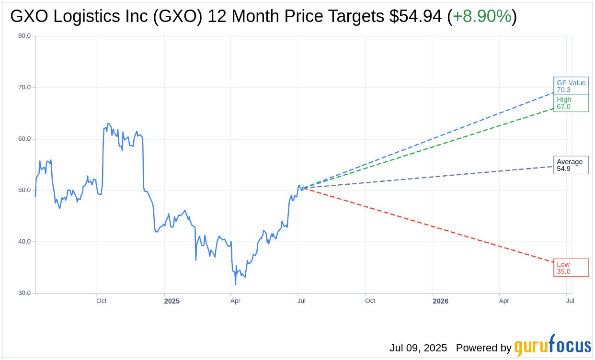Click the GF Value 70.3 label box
(571, 86)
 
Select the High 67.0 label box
(571, 103)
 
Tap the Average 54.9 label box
(571, 165)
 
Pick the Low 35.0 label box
(571, 268)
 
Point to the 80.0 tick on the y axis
(24, 35)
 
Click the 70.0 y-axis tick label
(24, 87)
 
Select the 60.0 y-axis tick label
(24, 139)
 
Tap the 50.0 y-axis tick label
(24, 190)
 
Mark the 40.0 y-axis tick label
(24, 242)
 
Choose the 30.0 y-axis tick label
(24, 293)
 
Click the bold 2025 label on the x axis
(172, 301)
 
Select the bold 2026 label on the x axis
(440, 301)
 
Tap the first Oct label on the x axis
(101, 301)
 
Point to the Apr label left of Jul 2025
(235, 301)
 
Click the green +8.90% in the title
(482, 17)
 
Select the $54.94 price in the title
(415, 17)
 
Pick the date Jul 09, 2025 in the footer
(418, 348)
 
